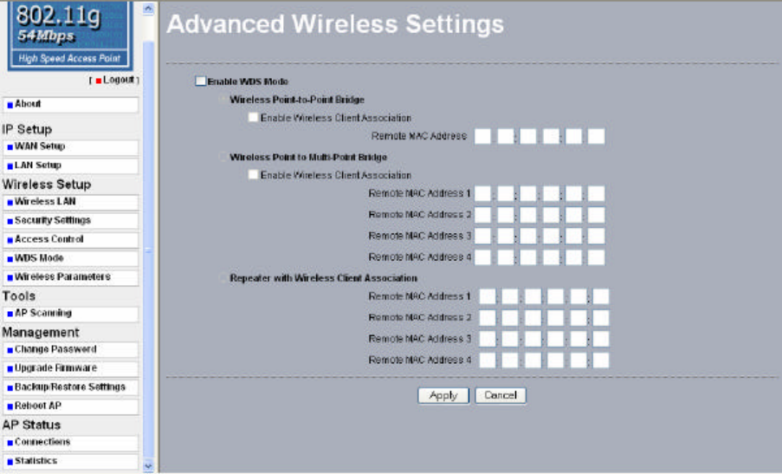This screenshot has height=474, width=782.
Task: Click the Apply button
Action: click(x=443, y=395)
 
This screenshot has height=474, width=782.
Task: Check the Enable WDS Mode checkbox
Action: click(x=201, y=81)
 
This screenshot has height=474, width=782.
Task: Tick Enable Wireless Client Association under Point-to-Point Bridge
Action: click(x=253, y=118)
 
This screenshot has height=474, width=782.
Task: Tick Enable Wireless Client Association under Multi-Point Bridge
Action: click(x=253, y=175)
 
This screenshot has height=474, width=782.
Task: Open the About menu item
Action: click(x=29, y=104)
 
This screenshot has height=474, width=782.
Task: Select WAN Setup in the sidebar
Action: click(x=40, y=146)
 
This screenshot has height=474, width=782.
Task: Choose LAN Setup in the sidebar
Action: click(x=38, y=166)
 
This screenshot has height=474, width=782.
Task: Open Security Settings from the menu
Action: click(x=53, y=221)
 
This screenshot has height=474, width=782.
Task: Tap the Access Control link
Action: click(x=49, y=239)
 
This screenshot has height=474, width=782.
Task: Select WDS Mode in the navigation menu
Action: click(x=39, y=258)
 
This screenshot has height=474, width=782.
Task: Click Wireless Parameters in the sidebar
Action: click(x=62, y=277)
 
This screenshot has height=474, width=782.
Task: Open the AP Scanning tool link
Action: click(x=43, y=313)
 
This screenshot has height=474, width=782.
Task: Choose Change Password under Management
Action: click(x=55, y=349)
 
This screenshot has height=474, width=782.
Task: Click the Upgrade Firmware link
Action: click(x=55, y=368)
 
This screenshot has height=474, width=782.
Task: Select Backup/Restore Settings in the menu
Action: click(x=70, y=387)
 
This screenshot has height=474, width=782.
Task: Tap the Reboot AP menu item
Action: click(x=38, y=406)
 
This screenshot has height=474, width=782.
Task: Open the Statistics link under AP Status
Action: click(x=36, y=461)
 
